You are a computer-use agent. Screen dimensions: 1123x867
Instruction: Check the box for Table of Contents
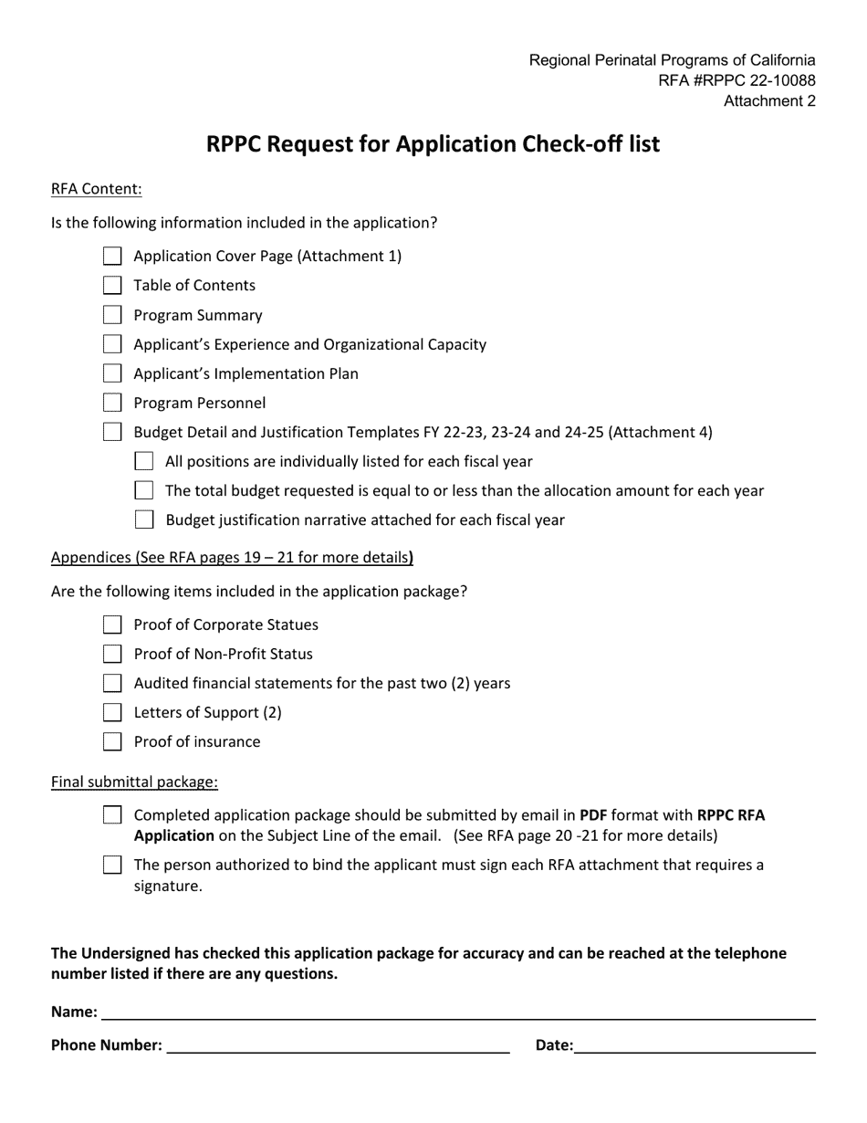(112, 286)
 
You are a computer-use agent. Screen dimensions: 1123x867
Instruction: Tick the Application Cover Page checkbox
(112, 257)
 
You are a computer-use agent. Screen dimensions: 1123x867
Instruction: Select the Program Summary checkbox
(112, 315)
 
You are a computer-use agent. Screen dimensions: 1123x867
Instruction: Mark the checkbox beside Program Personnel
(112, 403)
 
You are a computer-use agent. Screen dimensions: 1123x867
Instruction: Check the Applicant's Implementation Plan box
(112, 373)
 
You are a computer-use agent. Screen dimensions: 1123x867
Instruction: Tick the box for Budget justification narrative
(144, 520)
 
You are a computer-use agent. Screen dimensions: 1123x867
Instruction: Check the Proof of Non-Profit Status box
(112, 654)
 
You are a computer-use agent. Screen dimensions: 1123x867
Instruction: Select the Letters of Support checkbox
(112, 712)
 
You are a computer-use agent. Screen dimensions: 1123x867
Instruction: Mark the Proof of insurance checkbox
(112, 741)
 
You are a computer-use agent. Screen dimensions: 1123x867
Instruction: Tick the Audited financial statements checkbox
(112, 683)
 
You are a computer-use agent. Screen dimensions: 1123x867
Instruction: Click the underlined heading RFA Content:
(97, 189)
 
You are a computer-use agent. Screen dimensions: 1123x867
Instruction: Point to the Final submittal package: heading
(134, 782)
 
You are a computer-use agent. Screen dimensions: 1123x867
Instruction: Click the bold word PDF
(593, 814)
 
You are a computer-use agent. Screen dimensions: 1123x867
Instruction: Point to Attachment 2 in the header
(769, 101)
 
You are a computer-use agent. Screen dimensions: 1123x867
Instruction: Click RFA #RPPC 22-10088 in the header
(736, 80)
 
